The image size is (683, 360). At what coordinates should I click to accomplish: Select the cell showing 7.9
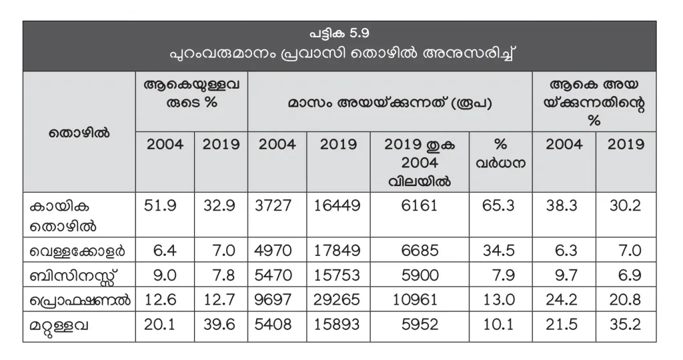[501, 276]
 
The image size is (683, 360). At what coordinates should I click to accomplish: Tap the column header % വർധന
[501, 154]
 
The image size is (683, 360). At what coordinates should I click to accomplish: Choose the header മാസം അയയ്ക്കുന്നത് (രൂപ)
[390, 104]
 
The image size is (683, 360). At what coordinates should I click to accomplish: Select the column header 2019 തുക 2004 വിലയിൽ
[420, 162]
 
